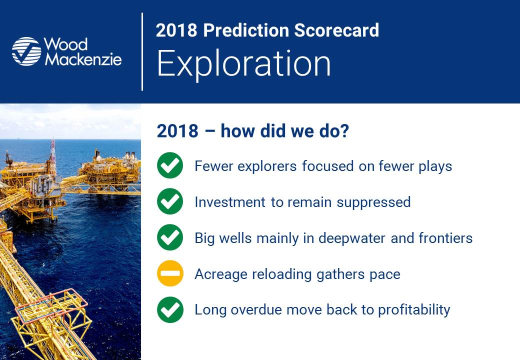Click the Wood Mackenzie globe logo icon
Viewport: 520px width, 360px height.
26,51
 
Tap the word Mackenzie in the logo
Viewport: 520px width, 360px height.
83,59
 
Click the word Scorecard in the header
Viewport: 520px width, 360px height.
336,30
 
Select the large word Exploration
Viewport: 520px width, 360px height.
244,63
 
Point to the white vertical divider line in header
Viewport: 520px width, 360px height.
142,51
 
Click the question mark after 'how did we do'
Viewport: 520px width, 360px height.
343,130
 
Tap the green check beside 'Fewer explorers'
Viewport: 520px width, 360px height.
170,165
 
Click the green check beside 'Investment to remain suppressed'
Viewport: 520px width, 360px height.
170,201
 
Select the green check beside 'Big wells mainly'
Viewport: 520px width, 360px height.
170,237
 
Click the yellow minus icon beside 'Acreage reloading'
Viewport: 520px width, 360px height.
170,273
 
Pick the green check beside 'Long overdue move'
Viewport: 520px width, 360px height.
170,309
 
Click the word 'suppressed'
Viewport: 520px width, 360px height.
373,202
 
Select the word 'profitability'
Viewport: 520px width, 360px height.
414,310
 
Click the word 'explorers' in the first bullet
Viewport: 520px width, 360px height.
267,166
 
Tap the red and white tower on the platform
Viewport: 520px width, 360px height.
52,154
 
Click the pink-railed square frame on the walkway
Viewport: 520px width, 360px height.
51,305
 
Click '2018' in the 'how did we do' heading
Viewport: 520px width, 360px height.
177,130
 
